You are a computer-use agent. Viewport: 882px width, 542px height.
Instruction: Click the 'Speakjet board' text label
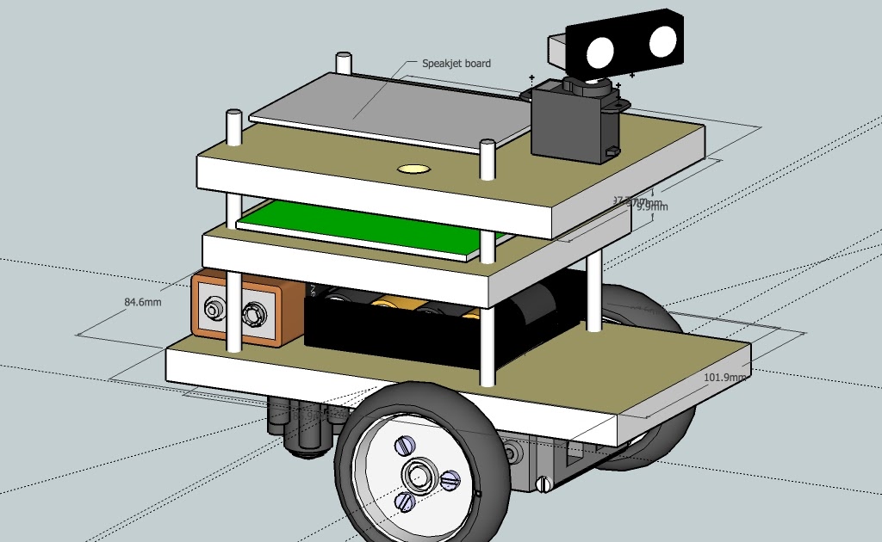456,64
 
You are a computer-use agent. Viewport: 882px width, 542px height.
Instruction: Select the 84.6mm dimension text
142,302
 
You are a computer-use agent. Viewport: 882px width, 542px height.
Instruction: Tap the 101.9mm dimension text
724,377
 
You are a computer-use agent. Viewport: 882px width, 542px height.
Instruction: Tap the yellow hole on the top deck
413,169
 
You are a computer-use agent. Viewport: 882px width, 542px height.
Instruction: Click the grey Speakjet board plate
388,108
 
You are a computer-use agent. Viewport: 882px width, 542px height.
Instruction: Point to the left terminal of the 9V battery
212,308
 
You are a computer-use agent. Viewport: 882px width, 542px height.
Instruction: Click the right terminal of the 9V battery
253,315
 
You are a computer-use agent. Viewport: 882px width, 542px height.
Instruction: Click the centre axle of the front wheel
419,474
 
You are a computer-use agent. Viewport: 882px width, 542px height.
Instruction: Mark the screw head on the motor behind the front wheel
543,484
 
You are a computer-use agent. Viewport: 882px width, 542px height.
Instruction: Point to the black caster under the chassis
297,426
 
